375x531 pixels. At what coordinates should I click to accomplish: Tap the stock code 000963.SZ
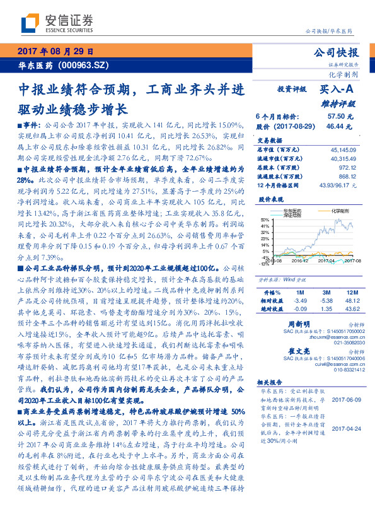coord(87,65)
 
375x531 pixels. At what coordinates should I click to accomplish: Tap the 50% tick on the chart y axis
coord(264,220)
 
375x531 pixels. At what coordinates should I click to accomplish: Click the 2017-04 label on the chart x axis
coord(326,259)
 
